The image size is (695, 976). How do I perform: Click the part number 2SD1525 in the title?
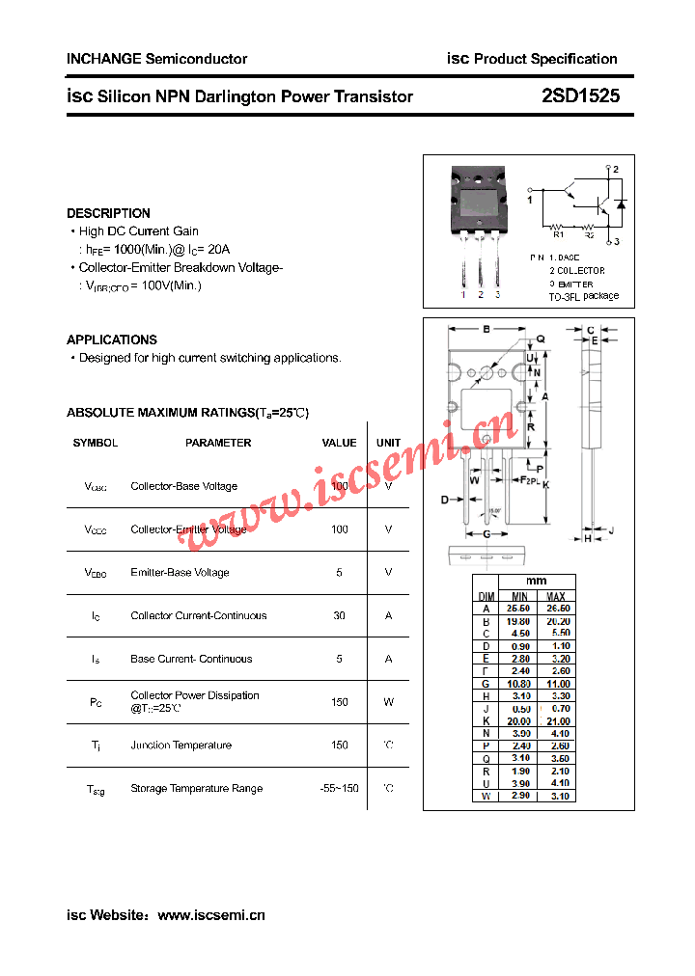click(x=581, y=96)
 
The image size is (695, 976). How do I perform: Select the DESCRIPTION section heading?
click(x=108, y=213)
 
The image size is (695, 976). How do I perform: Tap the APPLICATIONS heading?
click(x=112, y=339)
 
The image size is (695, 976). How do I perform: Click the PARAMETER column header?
click(x=218, y=443)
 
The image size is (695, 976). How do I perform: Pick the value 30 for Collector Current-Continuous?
click(x=339, y=615)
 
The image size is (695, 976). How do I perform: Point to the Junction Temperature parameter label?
click(x=181, y=745)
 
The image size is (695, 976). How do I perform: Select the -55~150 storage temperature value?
click(x=339, y=788)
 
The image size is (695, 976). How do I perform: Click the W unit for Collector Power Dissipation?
click(x=388, y=702)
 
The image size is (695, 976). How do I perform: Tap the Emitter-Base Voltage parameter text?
click(x=180, y=572)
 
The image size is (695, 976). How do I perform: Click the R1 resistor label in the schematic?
click(x=558, y=233)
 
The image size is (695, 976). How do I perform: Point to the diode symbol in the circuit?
click(x=621, y=205)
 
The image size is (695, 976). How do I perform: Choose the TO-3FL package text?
click(x=584, y=296)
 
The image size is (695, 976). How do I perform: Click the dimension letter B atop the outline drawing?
click(x=486, y=329)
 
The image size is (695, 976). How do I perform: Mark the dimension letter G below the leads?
click(x=486, y=533)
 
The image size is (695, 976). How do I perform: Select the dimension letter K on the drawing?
click(x=545, y=484)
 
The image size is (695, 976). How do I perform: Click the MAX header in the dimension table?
click(x=556, y=596)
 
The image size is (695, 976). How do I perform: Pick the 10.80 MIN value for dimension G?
click(x=519, y=684)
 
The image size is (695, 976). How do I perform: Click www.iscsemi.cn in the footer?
click(x=210, y=915)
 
